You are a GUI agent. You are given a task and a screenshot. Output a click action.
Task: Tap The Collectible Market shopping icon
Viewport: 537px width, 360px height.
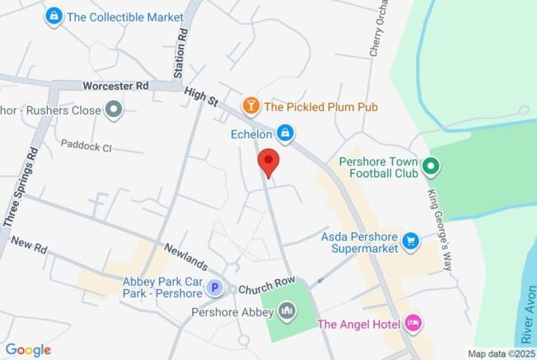click(x=54, y=16)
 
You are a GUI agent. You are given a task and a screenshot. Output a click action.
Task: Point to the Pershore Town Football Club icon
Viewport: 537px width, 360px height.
click(x=429, y=169)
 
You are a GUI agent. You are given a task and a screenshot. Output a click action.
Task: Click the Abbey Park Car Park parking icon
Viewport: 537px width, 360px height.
click(x=214, y=288)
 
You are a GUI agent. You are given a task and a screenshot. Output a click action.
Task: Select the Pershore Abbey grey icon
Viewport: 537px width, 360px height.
click(x=287, y=311)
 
